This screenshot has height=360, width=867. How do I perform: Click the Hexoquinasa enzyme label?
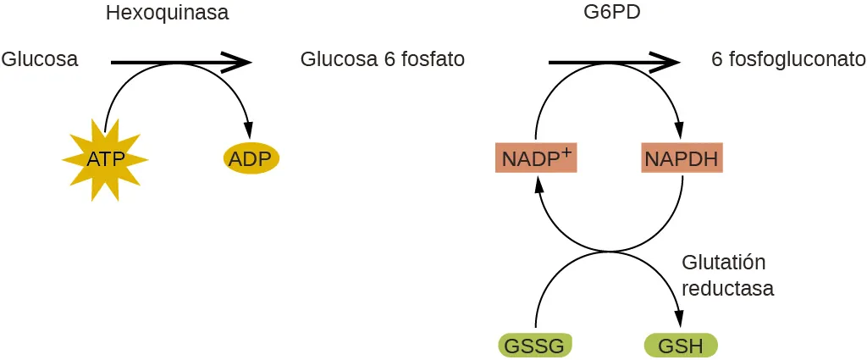pyautogui.click(x=167, y=13)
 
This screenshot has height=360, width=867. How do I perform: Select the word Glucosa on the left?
pyautogui.click(x=40, y=59)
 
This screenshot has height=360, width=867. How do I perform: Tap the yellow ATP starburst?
pyautogui.click(x=105, y=158)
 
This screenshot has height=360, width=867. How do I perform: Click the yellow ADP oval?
pyautogui.click(x=251, y=158)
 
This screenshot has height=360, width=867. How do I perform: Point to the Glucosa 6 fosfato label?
pyautogui.click(x=382, y=59)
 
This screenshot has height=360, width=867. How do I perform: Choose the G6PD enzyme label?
pyautogui.click(x=606, y=13)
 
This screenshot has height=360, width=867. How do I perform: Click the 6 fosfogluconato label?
pyautogui.click(x=787, y=59)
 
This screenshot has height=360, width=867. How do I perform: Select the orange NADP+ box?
pyautogui.click(x=536, y=158)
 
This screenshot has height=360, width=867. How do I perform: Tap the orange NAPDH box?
pyautogui.click(x=681, y=158)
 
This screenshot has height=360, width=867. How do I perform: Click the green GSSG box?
pyautogui.click(x=535, y=346)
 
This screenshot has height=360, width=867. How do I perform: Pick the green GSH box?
pyautogui.click(x=681, y=346)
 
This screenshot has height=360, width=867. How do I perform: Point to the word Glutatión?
pyautogui.click(x=717, y=262)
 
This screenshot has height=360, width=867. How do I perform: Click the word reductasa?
pyautogui.click(x=727, y=288)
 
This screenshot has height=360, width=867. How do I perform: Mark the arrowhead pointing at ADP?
pyautogui.click(x=249, y=130)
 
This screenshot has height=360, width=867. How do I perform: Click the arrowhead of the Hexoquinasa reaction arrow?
pyautogui.click(x=239, y=62)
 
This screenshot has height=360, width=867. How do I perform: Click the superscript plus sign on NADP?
pyautogui.click(x=567, y=151)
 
